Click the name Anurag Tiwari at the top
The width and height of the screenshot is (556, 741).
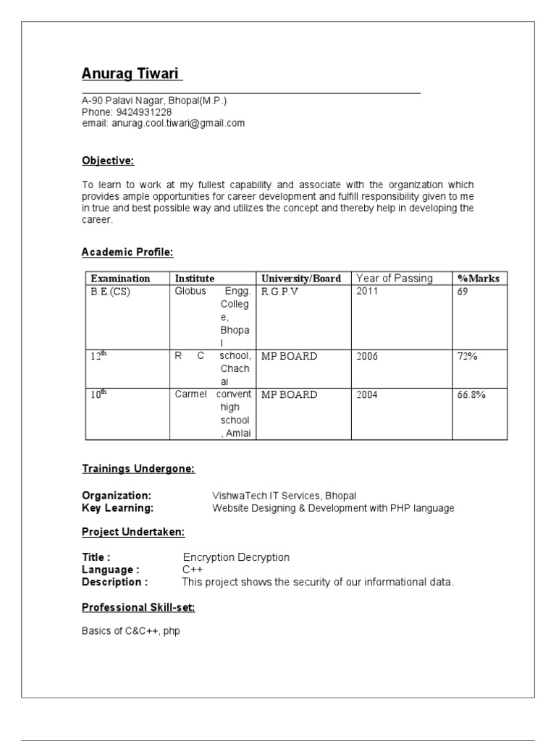click(132, 75)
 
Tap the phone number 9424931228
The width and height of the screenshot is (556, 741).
click(143, 112)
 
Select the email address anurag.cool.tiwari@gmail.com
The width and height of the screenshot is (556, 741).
click(178, 123)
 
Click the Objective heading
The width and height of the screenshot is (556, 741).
click(108, 161)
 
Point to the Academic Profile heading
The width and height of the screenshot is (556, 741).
click(127, 252)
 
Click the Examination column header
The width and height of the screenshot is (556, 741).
click(120, 279)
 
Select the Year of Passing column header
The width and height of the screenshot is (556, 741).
click(395, 278)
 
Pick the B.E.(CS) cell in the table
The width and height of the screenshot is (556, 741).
click(111, 292)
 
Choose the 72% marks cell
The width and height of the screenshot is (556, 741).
click(468, 356)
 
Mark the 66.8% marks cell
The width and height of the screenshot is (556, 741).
click(471, 395)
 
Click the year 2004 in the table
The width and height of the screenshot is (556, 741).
click(367, 395)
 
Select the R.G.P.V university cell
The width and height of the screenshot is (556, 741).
click(279, 292)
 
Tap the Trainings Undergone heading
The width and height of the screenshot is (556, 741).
click(138, 469)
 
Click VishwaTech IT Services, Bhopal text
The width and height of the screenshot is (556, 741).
click(284, 496)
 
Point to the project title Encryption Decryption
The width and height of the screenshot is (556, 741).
click(236, 557)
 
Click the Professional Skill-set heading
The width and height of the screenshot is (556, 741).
click(138, 607)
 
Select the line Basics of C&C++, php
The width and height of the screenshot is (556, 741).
click(131, 631)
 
